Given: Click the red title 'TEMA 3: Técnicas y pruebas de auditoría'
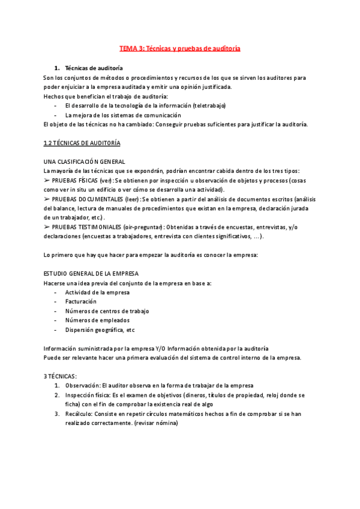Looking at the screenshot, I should coord(179,48).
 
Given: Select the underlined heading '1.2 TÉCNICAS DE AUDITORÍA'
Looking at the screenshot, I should coord(82,143).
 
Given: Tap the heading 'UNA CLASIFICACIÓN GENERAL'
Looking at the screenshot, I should coord(85,161).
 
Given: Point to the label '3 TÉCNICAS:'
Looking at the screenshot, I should coord(61,376).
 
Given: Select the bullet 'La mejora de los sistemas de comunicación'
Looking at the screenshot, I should coord(123,115).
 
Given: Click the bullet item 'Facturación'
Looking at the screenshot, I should coord(81,302).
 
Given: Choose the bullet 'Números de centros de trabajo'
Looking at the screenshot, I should coord(107,311).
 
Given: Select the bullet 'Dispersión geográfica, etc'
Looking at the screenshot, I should coord(100,330).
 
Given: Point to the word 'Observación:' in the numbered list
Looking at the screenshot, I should coord(83,385).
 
